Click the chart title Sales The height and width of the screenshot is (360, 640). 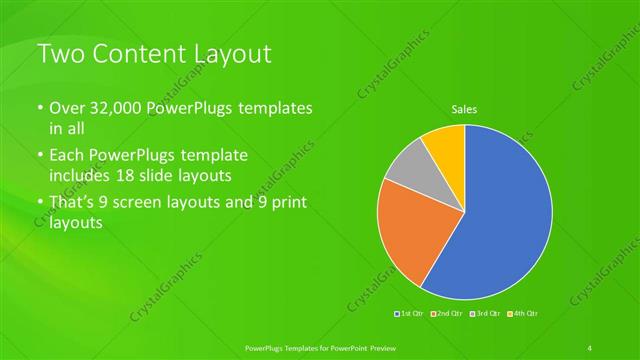(x=466, y=108)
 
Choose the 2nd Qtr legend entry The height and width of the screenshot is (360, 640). (x=447, y=314)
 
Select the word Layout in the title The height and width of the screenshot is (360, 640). (x=232, y=54)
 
